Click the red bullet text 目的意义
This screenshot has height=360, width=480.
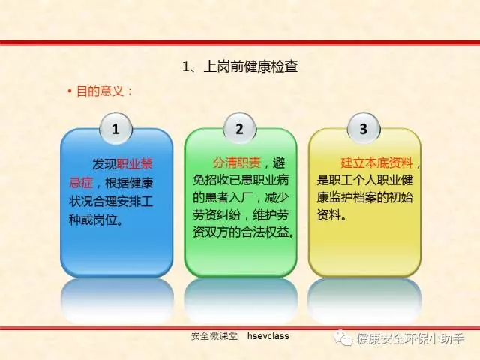[100, 91]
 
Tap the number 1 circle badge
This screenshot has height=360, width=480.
[116, 129]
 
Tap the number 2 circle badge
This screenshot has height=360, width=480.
[240, 129]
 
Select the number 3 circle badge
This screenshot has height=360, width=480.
[364, 129]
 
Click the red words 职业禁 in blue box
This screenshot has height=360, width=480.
[135, 164]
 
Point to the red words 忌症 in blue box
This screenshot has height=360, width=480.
[81, 183]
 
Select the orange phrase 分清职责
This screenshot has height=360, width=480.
[237, 163]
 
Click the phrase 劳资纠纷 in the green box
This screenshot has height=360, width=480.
[217, 215]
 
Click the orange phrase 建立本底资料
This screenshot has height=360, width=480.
[376, 163]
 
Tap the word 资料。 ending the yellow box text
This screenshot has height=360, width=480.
[331, 215]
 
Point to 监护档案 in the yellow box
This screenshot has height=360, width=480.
[353, 198]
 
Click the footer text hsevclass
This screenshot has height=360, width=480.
[268, 336]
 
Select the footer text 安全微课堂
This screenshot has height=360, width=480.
[214, 336]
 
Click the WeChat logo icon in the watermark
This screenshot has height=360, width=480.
[343, 338]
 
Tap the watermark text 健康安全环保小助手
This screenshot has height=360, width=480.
[411, 338]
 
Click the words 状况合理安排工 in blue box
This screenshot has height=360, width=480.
[111, 202]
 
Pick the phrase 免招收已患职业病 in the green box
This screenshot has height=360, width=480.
[241, 181]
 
